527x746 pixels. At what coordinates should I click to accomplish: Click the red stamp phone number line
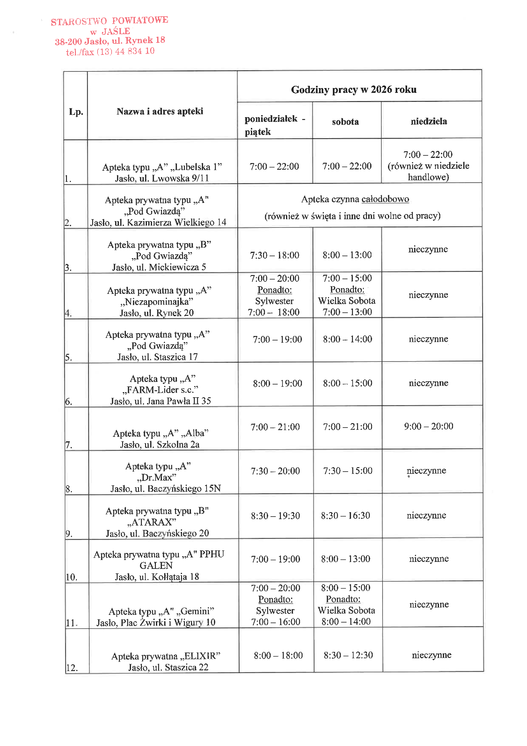tap(110, 52)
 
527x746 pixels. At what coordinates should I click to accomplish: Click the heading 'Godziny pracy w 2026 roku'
tap(353, 90)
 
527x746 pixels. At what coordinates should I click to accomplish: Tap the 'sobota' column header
tap(345, 122)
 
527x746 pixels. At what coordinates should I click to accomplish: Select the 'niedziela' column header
tap(428, 122)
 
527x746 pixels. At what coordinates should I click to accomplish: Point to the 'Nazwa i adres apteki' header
tap(160, 111)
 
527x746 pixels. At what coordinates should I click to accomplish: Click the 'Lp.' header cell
tap(76, 112)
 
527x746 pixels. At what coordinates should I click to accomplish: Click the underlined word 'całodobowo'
tap(385, 199)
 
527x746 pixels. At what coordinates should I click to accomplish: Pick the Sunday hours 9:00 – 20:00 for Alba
tap(428, 426)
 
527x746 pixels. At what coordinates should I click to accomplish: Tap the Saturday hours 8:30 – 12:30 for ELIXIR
tap(348, 655)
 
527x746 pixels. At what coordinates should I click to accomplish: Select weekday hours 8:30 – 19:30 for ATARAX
tap(275, 516)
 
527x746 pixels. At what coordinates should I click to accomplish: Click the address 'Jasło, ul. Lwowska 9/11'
tap(162, 178)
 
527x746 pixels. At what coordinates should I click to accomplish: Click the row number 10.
tap(71, 577)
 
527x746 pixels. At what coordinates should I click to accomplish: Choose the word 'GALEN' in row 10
tap(156, 566)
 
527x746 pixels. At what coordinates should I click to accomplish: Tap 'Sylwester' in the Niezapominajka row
tap(274, 301)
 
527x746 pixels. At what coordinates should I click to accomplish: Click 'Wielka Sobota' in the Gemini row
tap(346, 610)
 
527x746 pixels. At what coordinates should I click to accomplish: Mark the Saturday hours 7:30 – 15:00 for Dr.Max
tap(348, 471)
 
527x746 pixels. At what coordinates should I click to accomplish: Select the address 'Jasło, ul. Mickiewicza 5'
tap(159, 267)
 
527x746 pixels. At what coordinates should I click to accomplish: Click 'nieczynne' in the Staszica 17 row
tap(428, 339)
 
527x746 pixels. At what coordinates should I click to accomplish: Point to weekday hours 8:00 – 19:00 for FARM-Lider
tap(278, 384)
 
